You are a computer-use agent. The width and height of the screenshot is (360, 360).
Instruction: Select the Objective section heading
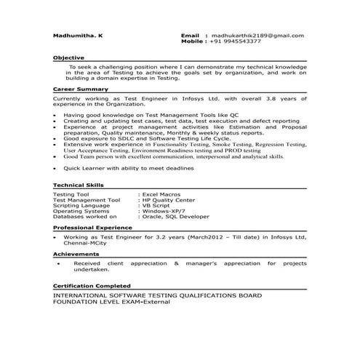click(x=68, y=57)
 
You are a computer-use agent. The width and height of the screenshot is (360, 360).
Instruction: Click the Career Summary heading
click(x=81, y=89)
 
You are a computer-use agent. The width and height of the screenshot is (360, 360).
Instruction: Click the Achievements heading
click(x=76, y=254)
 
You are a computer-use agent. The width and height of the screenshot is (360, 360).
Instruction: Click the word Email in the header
click(x=189, y=35)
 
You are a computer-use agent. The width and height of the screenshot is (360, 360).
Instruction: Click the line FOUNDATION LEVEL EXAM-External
click(x=111, y=302)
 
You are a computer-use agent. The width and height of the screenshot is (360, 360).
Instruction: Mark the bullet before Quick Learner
click(x=56, y=168)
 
